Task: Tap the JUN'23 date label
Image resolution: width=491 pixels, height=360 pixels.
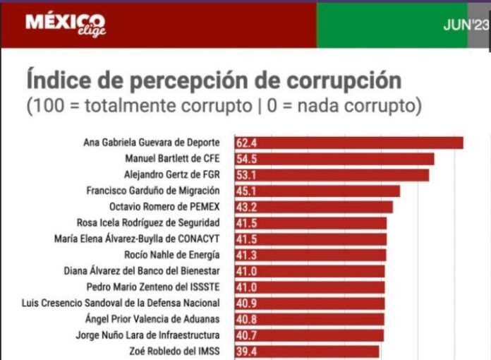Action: click(x=465, y=25)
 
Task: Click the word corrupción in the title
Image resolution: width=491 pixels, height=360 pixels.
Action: click(x=343, y=79)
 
